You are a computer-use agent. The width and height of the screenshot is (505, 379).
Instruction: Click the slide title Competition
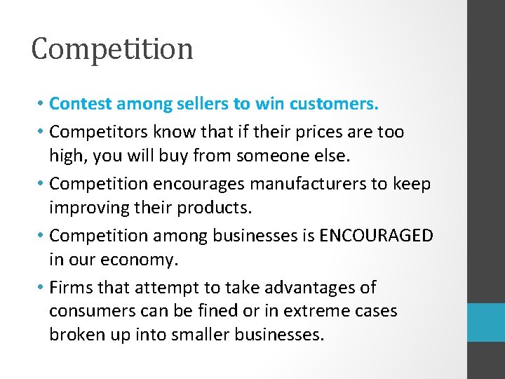[112, 49]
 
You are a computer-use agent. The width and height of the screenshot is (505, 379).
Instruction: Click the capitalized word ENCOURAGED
[376, 235]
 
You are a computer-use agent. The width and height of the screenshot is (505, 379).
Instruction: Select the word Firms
[71, 287]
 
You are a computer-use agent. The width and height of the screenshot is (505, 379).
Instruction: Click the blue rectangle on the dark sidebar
[487, 322]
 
